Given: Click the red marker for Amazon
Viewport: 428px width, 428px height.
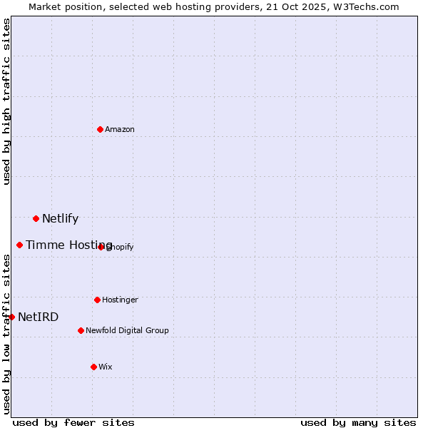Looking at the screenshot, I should click(x=100, y=129).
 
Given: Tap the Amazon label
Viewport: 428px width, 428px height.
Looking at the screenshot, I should click(x=120, y=130).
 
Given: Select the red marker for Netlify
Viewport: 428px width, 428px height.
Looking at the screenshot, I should click(x=36, y=218).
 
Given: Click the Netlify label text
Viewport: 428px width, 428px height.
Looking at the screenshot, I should click(x=60, y=219).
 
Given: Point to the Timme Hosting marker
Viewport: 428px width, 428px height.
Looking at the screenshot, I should click(x=19, y=245).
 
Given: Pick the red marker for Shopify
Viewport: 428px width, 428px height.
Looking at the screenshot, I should click(x=101, y=247).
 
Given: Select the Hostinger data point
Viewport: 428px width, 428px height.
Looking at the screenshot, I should click(x=97, y=300).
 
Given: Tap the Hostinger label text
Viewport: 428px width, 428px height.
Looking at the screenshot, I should click(x=120, y=300).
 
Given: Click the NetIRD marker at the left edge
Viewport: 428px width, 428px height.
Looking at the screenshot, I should click(x=11, y=317).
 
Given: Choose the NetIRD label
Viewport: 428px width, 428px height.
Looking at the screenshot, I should click(x=38, y=317).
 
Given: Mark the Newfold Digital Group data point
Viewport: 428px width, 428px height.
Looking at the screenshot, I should click(x=81, y=330).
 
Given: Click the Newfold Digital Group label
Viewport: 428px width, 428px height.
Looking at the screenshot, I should click(x=127, y=331).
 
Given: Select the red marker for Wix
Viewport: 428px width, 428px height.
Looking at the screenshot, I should click(x=93, y=367).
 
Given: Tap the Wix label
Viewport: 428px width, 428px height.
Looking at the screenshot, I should click(x=106, y=367).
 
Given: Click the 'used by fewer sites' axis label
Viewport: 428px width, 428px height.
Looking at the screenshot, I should click(x=73, y=423).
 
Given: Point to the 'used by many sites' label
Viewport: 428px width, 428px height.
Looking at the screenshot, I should click(x=358, y=423).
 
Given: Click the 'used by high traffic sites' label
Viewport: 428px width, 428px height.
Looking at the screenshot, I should click(x=6, y=101).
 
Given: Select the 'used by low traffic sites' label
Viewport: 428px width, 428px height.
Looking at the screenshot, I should click(x=6, y=333).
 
